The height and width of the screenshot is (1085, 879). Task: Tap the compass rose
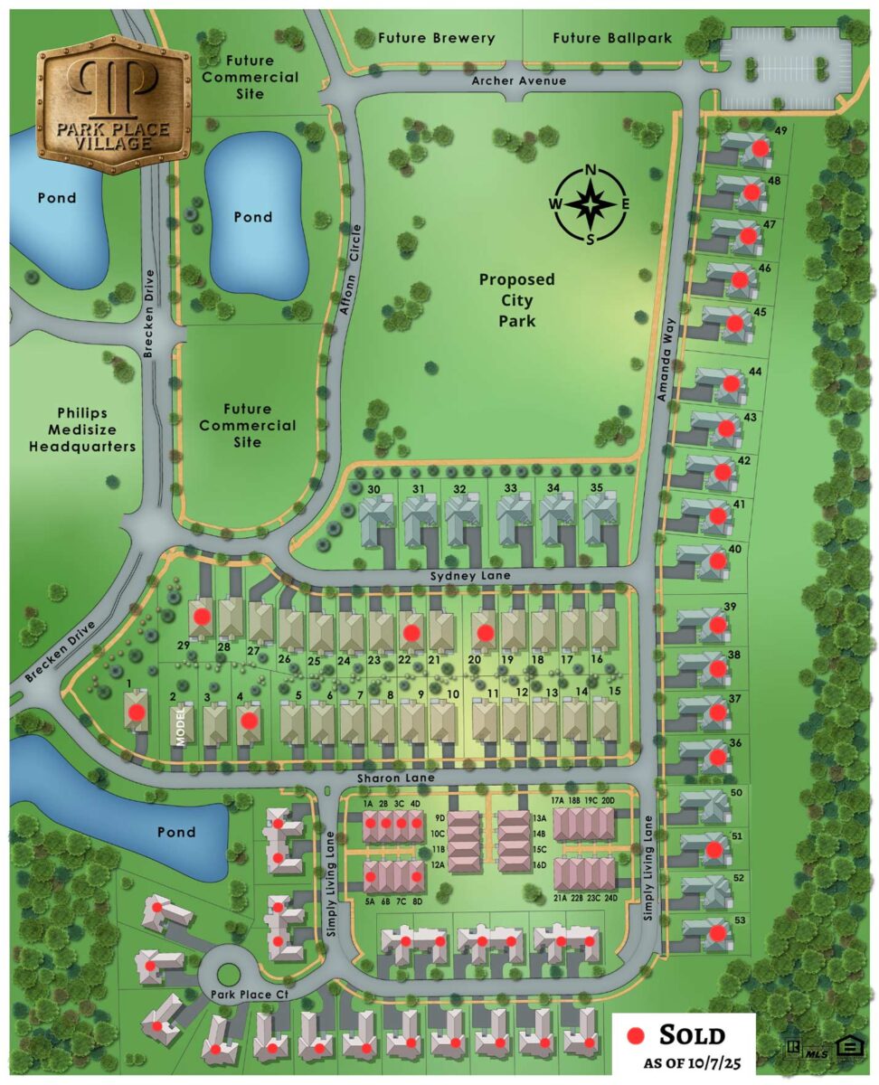pos(590,205)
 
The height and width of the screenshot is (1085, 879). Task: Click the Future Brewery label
pos(437,38)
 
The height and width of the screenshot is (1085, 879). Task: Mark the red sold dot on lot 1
pos(137,712)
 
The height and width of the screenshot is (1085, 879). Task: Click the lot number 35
pos(596,489)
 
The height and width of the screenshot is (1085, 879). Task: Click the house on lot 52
pos(712,891)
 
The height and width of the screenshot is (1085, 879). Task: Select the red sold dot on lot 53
pos(716,933)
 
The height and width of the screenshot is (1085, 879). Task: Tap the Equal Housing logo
pos(849,1047)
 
